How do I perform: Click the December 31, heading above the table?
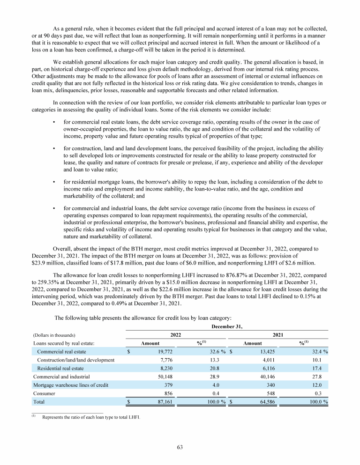227,325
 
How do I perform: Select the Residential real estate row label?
62,368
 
